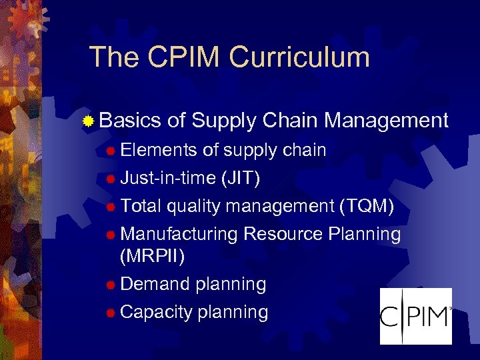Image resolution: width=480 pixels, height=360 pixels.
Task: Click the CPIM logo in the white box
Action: tap(415, 315)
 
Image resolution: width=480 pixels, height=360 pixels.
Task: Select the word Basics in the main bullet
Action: tap(131, 121)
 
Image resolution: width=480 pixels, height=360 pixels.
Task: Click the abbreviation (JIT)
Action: tap(239, 179)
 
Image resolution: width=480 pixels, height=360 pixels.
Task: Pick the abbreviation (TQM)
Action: tap(367, 207)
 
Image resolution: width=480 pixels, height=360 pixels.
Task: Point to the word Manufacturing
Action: tap(180, 235)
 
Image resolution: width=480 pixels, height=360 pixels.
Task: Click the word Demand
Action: tap(155, 284)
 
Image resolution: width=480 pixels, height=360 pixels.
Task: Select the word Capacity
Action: tap(157, 312)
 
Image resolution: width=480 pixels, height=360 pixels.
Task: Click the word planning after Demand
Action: tap(231, 285)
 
